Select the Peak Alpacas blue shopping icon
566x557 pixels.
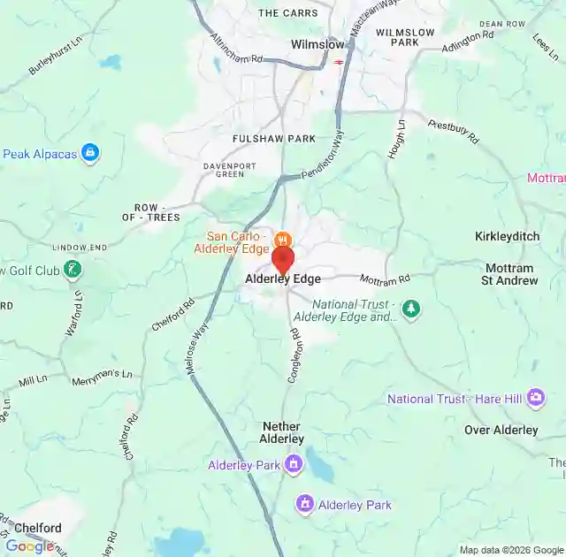[x=89, y=153]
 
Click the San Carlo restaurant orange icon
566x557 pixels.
[x=282, y=240]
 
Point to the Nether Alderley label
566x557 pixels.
[x=283, y=432]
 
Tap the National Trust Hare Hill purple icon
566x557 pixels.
[x=535, y=399]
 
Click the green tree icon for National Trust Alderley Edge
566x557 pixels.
[x=410, y=309]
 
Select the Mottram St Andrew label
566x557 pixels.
[x=509, y=274]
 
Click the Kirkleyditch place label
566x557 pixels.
[x=507, y=237]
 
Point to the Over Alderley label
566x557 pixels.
[x=501, y=431]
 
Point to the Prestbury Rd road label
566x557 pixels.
[x=453, y=132]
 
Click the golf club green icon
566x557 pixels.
[x=72, y=269]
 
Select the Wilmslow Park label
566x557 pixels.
[x=405, y=37]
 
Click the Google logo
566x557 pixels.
[x=28, y=546]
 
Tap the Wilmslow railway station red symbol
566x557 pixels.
[x=340, y=62]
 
